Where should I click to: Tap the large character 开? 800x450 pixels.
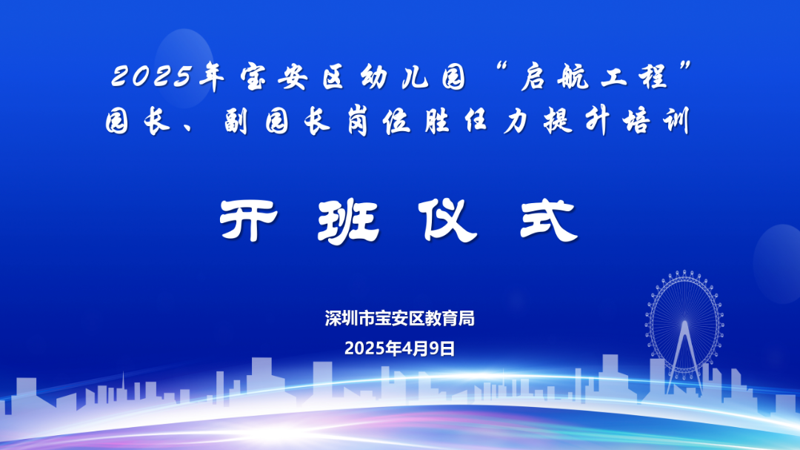tap(249, 220)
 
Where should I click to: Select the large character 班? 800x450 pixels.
tap(348, 221)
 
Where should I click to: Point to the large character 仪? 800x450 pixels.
tap(447, 220)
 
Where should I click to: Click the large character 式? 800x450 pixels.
tap(548, 221)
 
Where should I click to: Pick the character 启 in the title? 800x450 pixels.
tap(534, 76)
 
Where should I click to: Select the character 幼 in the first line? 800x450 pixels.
tap(374, 76)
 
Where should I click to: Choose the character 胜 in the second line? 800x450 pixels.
tap(437, 122)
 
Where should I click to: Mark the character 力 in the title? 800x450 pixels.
tap(516, 122)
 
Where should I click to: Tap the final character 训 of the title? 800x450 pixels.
tap(676, 122)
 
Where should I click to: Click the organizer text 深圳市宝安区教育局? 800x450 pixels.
tap(399, 318)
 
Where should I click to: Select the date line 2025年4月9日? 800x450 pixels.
tap(399, 348)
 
